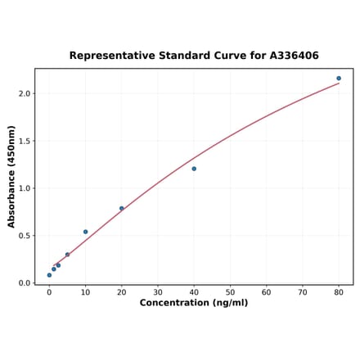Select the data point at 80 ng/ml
(x=339, y=79)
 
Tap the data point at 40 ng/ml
(x=194, y=169)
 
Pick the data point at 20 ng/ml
(x=122, y=209)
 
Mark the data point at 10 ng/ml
(x=85, y=232)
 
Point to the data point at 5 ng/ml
(x=67, y=255)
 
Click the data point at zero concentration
(x=49, y=275)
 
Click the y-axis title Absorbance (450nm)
(x=11, y=176)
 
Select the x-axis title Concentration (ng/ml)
(x=194, y=303)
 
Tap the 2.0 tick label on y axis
(x=23, y=93)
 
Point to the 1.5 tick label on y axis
(x=23, y=141)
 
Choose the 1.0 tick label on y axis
(x=23, y=188)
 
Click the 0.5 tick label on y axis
(x=23, y=236)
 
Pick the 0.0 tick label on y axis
(x=23, y=283)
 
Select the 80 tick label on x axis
(x=339, y=291)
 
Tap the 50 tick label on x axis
(x=230, y=291)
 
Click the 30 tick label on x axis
(x=158, y=291)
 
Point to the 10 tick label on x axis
(x=85, y=291)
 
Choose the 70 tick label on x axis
(x=303, y=291)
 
